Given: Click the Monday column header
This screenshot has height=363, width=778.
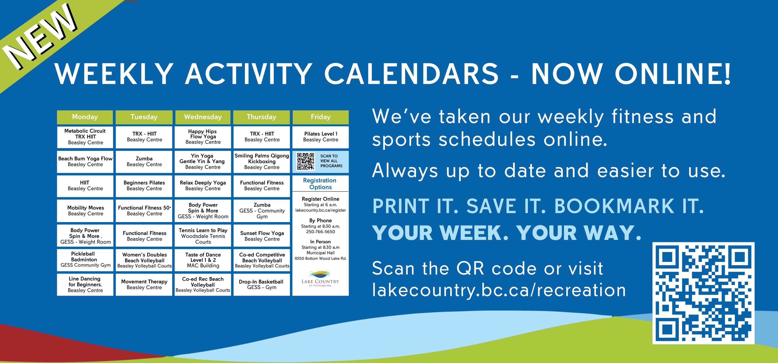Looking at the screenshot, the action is (85, 117).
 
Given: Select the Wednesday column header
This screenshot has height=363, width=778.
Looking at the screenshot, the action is (203, 117).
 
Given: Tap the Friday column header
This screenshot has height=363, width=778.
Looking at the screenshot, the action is (320, 117).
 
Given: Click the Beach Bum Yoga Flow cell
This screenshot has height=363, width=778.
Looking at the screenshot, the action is (85, 162).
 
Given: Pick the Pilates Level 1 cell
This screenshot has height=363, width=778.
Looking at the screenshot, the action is (320, 137).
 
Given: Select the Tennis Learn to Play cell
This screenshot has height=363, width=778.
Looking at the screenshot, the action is (203, 236).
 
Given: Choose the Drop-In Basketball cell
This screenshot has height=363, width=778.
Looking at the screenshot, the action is (262, 285).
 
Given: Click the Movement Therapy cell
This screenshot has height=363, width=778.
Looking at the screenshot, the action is (144, 285).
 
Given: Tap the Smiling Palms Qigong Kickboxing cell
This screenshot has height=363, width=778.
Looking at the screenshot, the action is (262, 162).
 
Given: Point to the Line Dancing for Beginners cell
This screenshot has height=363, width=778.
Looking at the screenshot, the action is (85, 285).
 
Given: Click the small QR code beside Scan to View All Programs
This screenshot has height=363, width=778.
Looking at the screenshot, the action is (305, 161).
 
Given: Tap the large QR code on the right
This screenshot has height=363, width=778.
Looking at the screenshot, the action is (703, 293).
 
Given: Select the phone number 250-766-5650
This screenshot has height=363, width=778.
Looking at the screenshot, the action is (320, 232).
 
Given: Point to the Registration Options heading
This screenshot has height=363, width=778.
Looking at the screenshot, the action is (320, 184).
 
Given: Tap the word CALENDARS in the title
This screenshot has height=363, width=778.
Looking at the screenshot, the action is (411, 74).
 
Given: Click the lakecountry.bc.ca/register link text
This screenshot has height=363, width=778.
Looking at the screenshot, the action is (320, 210).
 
